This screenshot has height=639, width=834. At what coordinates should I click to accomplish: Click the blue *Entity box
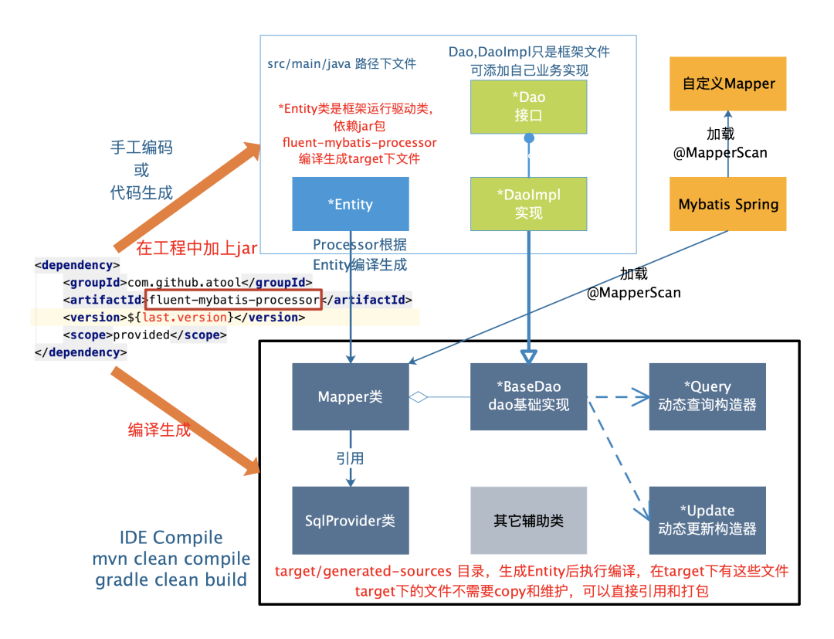350,204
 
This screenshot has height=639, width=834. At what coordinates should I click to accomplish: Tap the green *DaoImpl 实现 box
529,204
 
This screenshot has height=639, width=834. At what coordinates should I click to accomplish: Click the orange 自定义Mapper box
728,83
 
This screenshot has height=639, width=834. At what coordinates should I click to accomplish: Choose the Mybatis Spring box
728,204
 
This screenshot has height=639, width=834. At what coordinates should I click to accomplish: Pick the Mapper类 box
350,396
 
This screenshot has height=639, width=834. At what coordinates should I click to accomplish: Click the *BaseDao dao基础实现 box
529,396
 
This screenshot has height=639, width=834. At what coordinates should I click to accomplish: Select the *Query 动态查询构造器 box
707,396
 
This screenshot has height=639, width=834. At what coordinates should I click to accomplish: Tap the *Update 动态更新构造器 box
707,520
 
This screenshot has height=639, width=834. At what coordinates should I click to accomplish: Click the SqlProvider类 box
350,520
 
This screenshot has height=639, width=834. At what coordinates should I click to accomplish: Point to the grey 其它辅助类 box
529,520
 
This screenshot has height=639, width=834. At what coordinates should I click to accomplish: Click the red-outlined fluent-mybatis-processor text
232,300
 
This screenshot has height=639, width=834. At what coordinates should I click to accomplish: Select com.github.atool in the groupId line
184,282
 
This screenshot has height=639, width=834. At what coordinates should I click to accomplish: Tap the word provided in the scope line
141,335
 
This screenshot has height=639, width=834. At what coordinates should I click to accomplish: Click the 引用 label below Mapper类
350,458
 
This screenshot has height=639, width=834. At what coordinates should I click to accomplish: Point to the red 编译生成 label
159,430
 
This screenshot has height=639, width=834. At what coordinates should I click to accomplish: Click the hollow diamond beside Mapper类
418,397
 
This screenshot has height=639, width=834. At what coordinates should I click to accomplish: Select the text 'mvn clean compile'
173,558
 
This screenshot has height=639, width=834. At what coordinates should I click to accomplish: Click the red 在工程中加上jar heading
197,248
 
